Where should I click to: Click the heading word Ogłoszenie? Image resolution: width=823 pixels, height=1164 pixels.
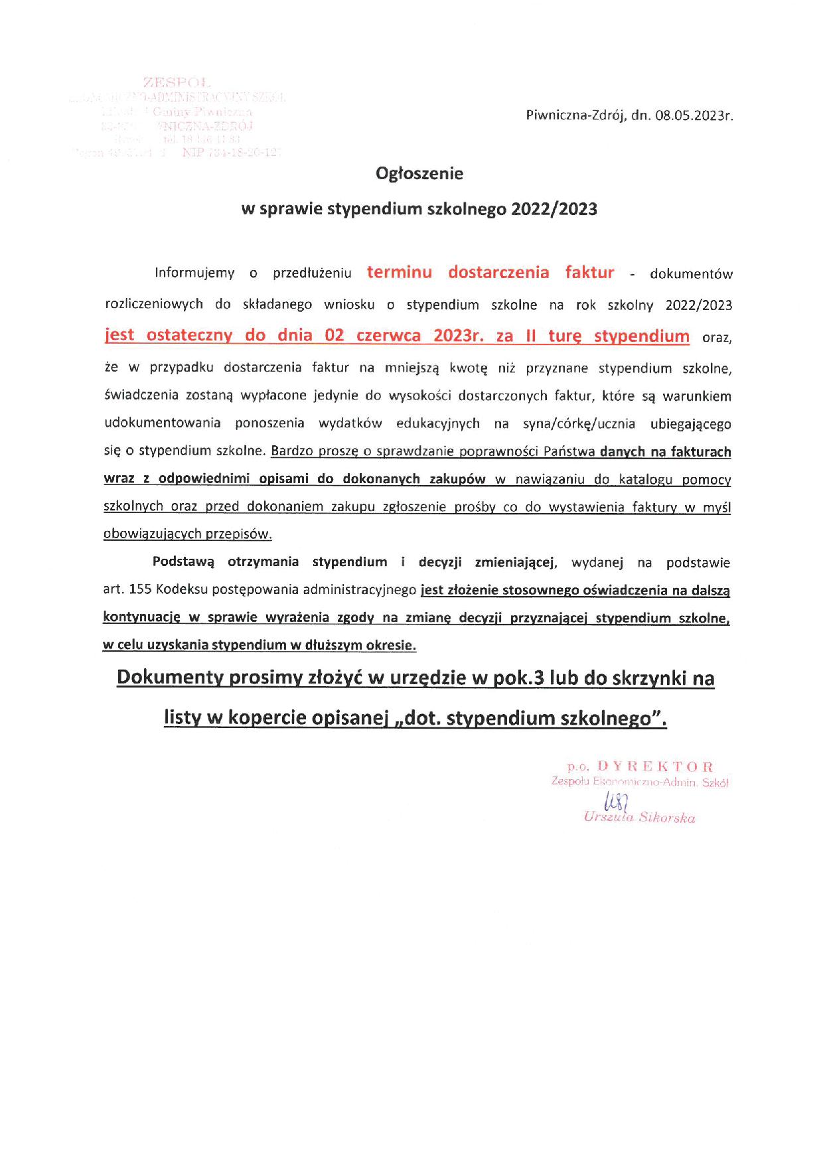419,174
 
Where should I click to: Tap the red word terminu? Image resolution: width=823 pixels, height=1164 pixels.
400,272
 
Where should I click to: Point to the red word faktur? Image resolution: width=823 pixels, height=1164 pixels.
589,272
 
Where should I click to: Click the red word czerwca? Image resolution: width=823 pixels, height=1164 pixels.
388,335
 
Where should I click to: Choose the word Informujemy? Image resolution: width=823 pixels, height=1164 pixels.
194,273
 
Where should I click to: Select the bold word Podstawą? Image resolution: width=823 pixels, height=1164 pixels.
183,562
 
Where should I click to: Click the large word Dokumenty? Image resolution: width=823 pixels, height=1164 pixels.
169,678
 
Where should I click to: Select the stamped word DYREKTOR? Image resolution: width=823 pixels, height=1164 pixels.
655,766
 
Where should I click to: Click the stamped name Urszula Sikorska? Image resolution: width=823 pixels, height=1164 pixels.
639,818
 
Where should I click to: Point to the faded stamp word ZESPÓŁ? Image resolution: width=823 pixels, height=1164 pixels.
177,83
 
